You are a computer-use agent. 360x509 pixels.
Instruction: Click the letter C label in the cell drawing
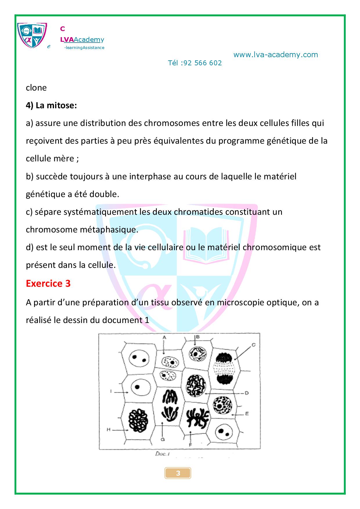point(253,345)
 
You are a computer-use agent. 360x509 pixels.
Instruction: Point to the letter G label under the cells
point(163,439)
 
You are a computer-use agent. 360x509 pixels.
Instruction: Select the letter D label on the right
point(246,393)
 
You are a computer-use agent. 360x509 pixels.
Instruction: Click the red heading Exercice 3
point(48,283)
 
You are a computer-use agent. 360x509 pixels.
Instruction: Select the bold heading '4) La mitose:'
point(51,105)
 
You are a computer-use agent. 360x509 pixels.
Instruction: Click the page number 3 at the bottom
point(178,473)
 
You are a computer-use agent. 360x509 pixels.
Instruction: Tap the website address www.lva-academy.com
point(276,55)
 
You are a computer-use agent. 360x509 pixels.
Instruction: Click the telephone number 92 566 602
point(203,63)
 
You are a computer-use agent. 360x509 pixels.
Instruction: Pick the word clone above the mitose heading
point(36,88)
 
